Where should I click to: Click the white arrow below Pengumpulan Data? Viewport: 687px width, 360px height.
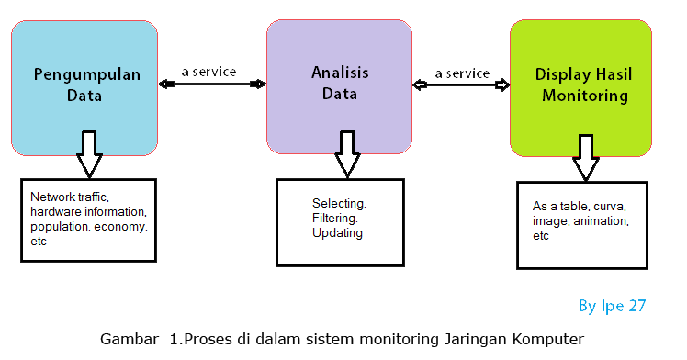(89, 152)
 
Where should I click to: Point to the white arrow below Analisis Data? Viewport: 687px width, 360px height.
(346, 152)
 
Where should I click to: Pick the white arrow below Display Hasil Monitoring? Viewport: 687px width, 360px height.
(584, 157)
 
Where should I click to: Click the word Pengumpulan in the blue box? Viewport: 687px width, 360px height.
(87, 75)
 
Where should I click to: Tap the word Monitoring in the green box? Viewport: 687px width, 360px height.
(584, 96)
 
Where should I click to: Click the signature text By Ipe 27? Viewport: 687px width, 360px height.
(613, 306)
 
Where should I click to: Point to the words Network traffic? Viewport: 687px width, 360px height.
(69, 197)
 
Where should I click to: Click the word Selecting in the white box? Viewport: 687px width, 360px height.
(339, 203)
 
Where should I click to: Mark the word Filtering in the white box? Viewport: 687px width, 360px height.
(337, 218)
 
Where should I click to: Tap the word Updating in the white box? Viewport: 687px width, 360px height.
(337, 232)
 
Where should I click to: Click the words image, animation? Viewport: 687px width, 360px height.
(580, 221)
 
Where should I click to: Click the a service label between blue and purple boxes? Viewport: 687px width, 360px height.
(209, 73)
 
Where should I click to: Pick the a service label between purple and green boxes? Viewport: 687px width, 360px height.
(462, 73)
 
